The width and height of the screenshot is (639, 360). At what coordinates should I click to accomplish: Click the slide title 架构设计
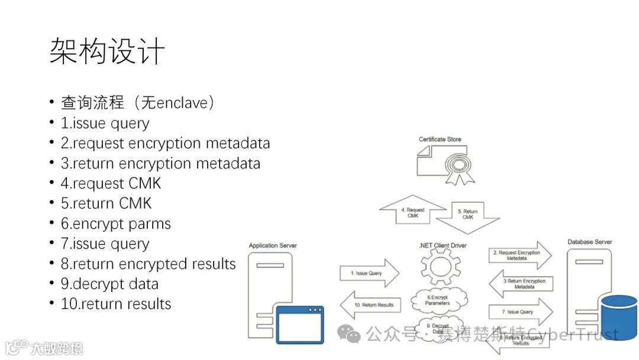107,53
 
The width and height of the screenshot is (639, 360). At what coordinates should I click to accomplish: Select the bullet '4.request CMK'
111,183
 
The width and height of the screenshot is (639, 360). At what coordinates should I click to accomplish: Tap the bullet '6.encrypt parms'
116,223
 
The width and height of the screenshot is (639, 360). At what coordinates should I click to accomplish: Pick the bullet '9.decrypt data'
109,284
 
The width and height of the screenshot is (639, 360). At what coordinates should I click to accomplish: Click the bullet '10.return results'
116,304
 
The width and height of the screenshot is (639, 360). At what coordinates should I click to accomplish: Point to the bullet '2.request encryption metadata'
165,143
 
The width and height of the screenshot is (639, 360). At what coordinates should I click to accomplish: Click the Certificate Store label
440,140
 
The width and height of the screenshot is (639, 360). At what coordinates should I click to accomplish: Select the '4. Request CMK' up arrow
412,212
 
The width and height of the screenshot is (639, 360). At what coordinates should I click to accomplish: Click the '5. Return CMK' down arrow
467,214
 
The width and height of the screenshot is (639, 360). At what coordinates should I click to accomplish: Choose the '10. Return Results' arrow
370,305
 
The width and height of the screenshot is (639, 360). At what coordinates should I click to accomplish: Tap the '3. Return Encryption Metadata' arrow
520,284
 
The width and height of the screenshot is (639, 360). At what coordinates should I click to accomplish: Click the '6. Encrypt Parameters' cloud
438,300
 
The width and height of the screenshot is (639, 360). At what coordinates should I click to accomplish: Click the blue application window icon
301,324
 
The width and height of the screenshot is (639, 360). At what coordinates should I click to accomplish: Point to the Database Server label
589,242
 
